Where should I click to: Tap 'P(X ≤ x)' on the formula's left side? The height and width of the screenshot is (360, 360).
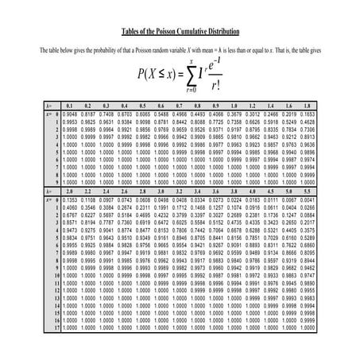[157, 75]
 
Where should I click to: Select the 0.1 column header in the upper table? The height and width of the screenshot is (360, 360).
[69, 105]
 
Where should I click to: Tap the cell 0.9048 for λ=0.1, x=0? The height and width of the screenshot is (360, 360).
[69, 113]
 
